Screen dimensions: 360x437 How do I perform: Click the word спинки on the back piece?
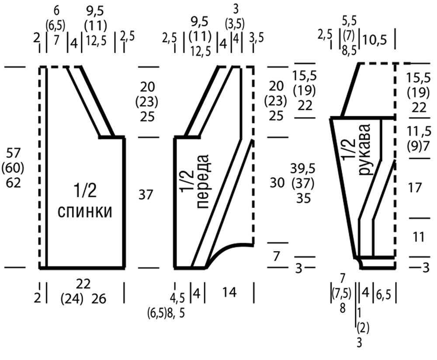[x=85, y=212]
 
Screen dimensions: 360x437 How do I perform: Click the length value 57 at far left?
[x=14, y=153]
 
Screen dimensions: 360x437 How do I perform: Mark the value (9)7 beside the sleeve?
[x=418, y=144]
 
